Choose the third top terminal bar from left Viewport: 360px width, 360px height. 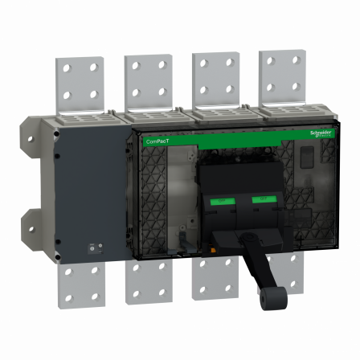(215, 79)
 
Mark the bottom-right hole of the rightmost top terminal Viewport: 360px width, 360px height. (296, 86)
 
